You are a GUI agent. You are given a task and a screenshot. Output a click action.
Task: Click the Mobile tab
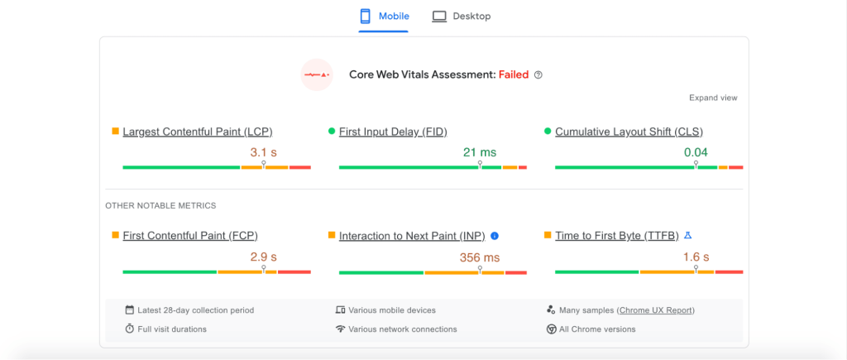click(384, 17)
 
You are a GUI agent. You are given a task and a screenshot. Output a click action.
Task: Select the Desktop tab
click(462, 17)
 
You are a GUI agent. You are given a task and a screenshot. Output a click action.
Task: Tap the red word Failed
click(514, 74)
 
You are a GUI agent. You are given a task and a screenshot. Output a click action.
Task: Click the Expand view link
click(713, 98)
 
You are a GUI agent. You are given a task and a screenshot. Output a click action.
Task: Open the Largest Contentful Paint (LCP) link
click(198, 132)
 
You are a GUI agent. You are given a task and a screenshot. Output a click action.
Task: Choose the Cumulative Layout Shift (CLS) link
click(629, 132)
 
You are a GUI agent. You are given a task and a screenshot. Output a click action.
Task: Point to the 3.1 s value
click(263, 152)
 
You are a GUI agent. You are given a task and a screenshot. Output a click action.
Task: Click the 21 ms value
click(480, 152)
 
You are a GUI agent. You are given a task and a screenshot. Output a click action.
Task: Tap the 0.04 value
click(696, 152)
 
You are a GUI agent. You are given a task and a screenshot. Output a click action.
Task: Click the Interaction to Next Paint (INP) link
click(413, 236)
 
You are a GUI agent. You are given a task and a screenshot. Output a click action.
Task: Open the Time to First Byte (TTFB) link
click(617, 236)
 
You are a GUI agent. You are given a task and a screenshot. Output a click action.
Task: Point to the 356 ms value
click(480, 257)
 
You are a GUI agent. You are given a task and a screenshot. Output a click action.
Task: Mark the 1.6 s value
click(696, 257)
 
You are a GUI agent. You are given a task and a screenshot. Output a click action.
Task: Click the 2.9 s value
click(263, 257)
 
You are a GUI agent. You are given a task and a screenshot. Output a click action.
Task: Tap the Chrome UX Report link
click(656, 310)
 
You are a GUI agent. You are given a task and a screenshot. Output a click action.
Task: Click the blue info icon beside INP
click(495, 236)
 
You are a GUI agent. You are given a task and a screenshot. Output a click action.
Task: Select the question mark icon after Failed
click(538, 74)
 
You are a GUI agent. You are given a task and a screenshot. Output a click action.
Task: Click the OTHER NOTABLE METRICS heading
click(160, 205)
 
